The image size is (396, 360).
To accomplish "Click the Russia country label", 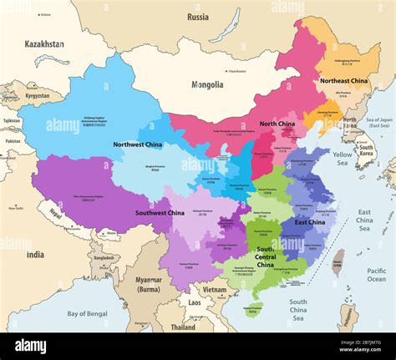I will point(198,17).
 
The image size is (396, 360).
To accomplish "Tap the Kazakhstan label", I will point(44,43).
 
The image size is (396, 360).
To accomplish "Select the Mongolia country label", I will point(206,84).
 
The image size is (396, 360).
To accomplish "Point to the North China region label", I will point(277,124).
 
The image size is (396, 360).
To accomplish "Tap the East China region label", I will point(310,222).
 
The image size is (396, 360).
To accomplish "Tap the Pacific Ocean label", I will point(377,275).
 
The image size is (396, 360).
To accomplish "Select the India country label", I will point(35,255).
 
